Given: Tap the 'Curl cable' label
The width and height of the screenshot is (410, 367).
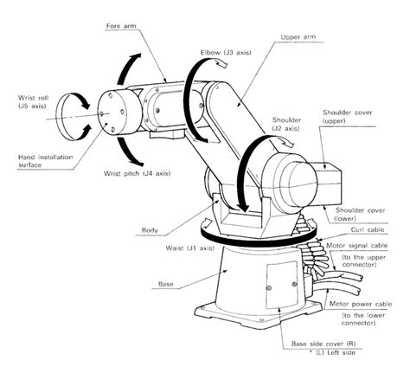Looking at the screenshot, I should point(353,231).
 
